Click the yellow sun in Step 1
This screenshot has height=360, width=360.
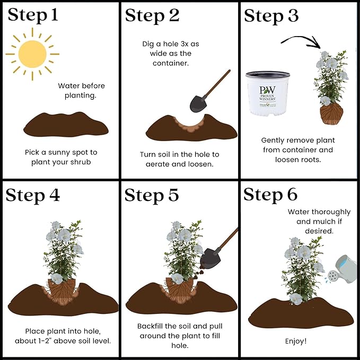(32, 54)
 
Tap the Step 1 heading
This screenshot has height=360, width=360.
(33, 15)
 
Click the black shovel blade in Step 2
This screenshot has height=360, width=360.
(198, 104)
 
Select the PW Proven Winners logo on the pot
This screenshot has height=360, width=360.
(267, 93)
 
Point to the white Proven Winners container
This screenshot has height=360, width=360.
(268, 93)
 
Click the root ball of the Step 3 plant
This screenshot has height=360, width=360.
(331, 113)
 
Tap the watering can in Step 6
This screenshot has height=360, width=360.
(341, 269)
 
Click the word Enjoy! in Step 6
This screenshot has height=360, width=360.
(296, 341)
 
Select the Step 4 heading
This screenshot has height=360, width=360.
(32, 196)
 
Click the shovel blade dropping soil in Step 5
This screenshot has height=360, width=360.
(210, 259)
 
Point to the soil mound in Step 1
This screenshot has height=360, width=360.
(66, 124)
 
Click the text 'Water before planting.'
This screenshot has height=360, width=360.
(81, 91)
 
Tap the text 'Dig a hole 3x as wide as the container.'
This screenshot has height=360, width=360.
(171, 54)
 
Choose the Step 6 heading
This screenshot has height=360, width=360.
(270, 195)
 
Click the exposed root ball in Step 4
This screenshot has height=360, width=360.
(62, 291)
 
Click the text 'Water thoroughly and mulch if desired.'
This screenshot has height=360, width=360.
(319, 221)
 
